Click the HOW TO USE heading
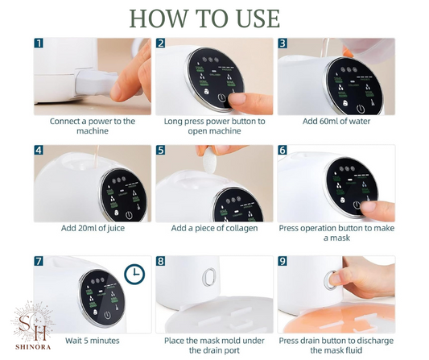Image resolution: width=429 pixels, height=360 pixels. click(x=204, y=19)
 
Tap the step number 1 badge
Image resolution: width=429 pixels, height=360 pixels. click(x=39, y=43)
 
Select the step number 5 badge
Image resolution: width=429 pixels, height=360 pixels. click(x=161, y=151)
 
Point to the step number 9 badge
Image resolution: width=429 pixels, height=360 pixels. click(x=283, y=261)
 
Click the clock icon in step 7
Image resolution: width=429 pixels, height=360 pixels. click(x=134, y=274)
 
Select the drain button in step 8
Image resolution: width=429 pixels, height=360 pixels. click(x=209, y=277)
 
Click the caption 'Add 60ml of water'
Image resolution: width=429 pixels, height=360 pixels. click(x=336, y=122)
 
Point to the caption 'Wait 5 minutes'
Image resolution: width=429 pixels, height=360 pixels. click(x=93, y=341)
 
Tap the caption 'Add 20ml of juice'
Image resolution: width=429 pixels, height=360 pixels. click(x=93, y=228)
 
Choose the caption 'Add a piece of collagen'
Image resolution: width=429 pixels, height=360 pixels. click(x=214, y=228)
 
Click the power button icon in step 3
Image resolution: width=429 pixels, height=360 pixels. click(x=361, y=109)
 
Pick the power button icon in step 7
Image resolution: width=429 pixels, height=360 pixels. click(x=108, y=316)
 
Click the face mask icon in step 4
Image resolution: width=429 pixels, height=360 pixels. click(x=116, y=213)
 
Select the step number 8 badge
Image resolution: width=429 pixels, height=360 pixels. click(x=161, y=261)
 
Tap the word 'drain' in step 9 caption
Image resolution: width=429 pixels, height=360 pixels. click(x=312, y=341)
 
